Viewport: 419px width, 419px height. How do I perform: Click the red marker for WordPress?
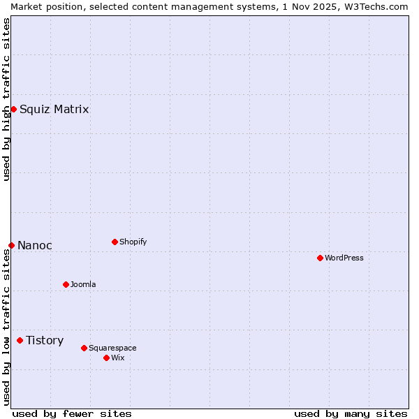point(320,258)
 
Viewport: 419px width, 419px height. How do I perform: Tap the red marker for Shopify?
point(115,242)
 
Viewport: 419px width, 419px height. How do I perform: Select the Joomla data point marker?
point(66,284)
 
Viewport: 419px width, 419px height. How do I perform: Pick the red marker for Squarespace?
point(84,348)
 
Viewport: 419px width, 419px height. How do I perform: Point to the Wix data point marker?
point(106,358)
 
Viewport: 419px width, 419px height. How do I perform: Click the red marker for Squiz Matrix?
point(13,109)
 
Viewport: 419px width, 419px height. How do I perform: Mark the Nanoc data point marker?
point(11,245)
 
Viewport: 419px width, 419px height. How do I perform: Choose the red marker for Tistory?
point(20,340)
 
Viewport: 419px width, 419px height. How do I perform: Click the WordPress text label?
point(344,258)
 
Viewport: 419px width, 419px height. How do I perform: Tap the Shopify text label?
point(133,242)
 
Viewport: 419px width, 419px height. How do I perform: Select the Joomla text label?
point(83,284)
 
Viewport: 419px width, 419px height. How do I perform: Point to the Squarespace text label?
point(112,348)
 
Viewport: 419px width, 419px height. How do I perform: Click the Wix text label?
point(118,358)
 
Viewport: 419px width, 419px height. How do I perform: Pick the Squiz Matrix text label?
point(54,109)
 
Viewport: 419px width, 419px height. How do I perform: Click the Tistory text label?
point(45,340)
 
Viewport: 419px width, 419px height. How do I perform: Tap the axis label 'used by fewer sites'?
point(72,413)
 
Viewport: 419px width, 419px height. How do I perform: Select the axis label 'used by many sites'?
point(351,413)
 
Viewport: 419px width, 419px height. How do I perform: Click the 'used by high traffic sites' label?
point(6,99)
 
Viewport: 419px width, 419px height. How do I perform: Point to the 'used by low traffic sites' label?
point(6,327)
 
